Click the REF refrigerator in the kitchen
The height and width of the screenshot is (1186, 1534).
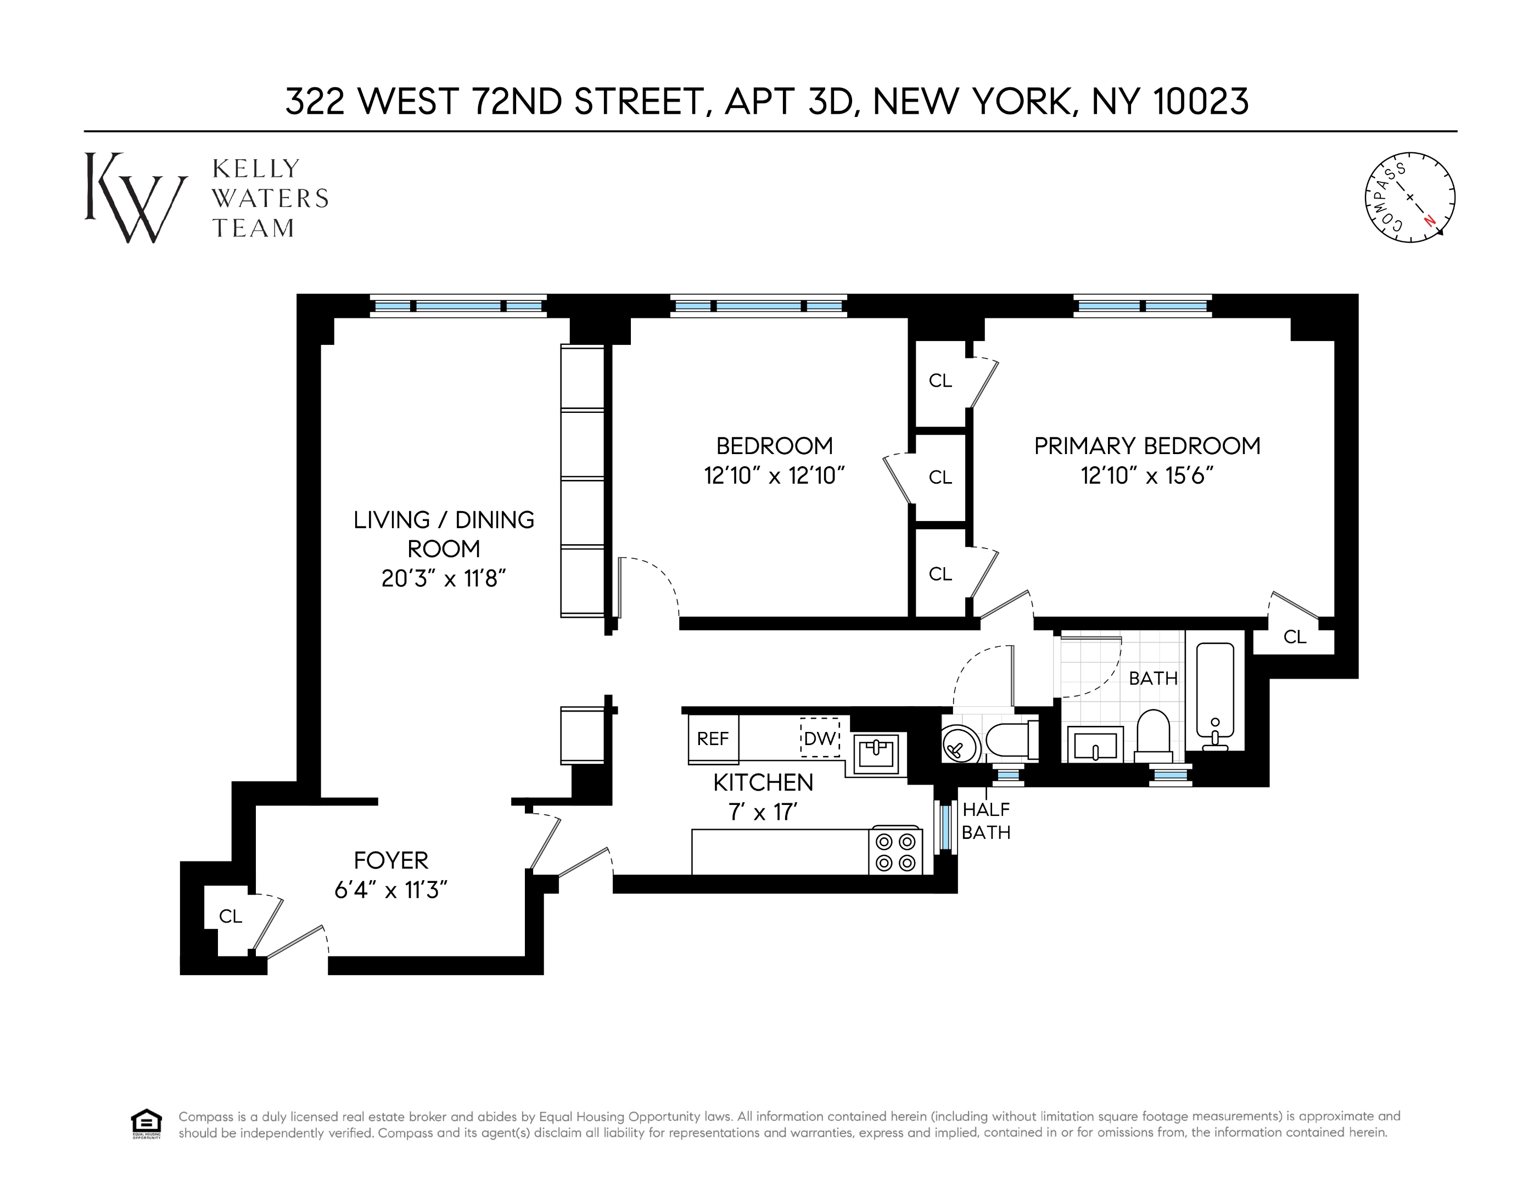(713, 739)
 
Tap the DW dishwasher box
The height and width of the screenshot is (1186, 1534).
(820, 738)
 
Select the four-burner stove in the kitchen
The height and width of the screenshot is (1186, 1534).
(895, 852)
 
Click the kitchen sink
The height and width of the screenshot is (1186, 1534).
(876, 753)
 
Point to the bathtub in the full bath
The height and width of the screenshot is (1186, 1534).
(1214, 696)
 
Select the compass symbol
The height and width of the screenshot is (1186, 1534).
(1410, 198)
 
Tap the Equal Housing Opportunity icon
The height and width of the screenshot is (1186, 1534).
(146, 1123)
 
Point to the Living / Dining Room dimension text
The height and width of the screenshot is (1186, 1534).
(444, 578)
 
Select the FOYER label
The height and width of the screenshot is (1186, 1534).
(390, 860)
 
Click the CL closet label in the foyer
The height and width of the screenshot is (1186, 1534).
(231, 916)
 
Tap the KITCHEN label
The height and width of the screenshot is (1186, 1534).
(763, 782)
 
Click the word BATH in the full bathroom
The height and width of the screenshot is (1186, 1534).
(1152, 679)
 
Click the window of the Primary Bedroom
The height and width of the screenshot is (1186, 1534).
(1142, 306)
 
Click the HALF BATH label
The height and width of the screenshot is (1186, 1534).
(986, 821)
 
